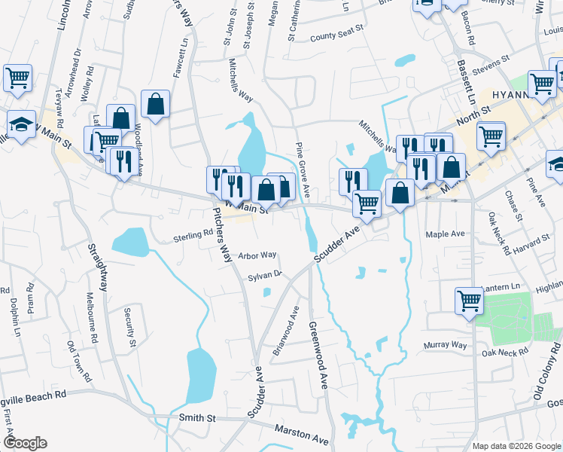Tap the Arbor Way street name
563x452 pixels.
257,256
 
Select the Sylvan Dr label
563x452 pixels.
265,276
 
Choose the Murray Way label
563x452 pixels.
446,345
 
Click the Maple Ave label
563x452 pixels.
446,234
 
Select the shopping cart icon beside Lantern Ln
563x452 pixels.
469,300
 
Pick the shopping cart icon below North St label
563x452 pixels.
491,136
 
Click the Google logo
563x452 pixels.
26,443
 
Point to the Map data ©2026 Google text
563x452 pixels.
516,445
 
